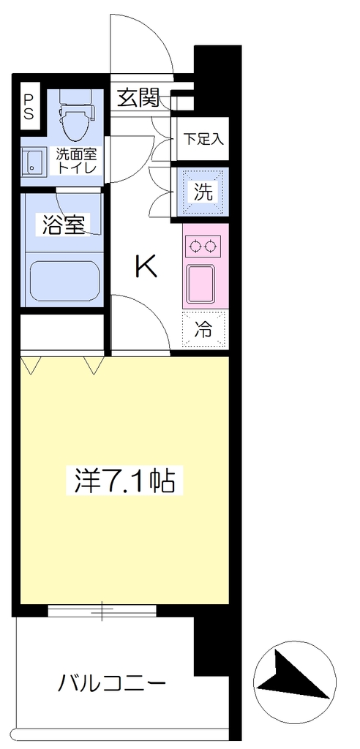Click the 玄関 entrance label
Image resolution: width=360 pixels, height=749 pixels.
[138, 99]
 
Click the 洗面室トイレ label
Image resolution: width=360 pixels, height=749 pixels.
[77, 161]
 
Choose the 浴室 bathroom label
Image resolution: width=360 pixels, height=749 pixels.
[64, 225]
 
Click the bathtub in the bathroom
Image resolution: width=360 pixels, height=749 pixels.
[64, 281]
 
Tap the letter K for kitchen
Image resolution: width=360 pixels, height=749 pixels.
[146, 266]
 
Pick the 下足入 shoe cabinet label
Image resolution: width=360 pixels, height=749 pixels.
[203, 140]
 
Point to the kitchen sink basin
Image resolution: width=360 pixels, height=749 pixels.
[202, 283]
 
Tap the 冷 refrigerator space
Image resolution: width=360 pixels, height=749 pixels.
[204, 328]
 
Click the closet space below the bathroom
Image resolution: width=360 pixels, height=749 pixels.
[62, 332]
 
